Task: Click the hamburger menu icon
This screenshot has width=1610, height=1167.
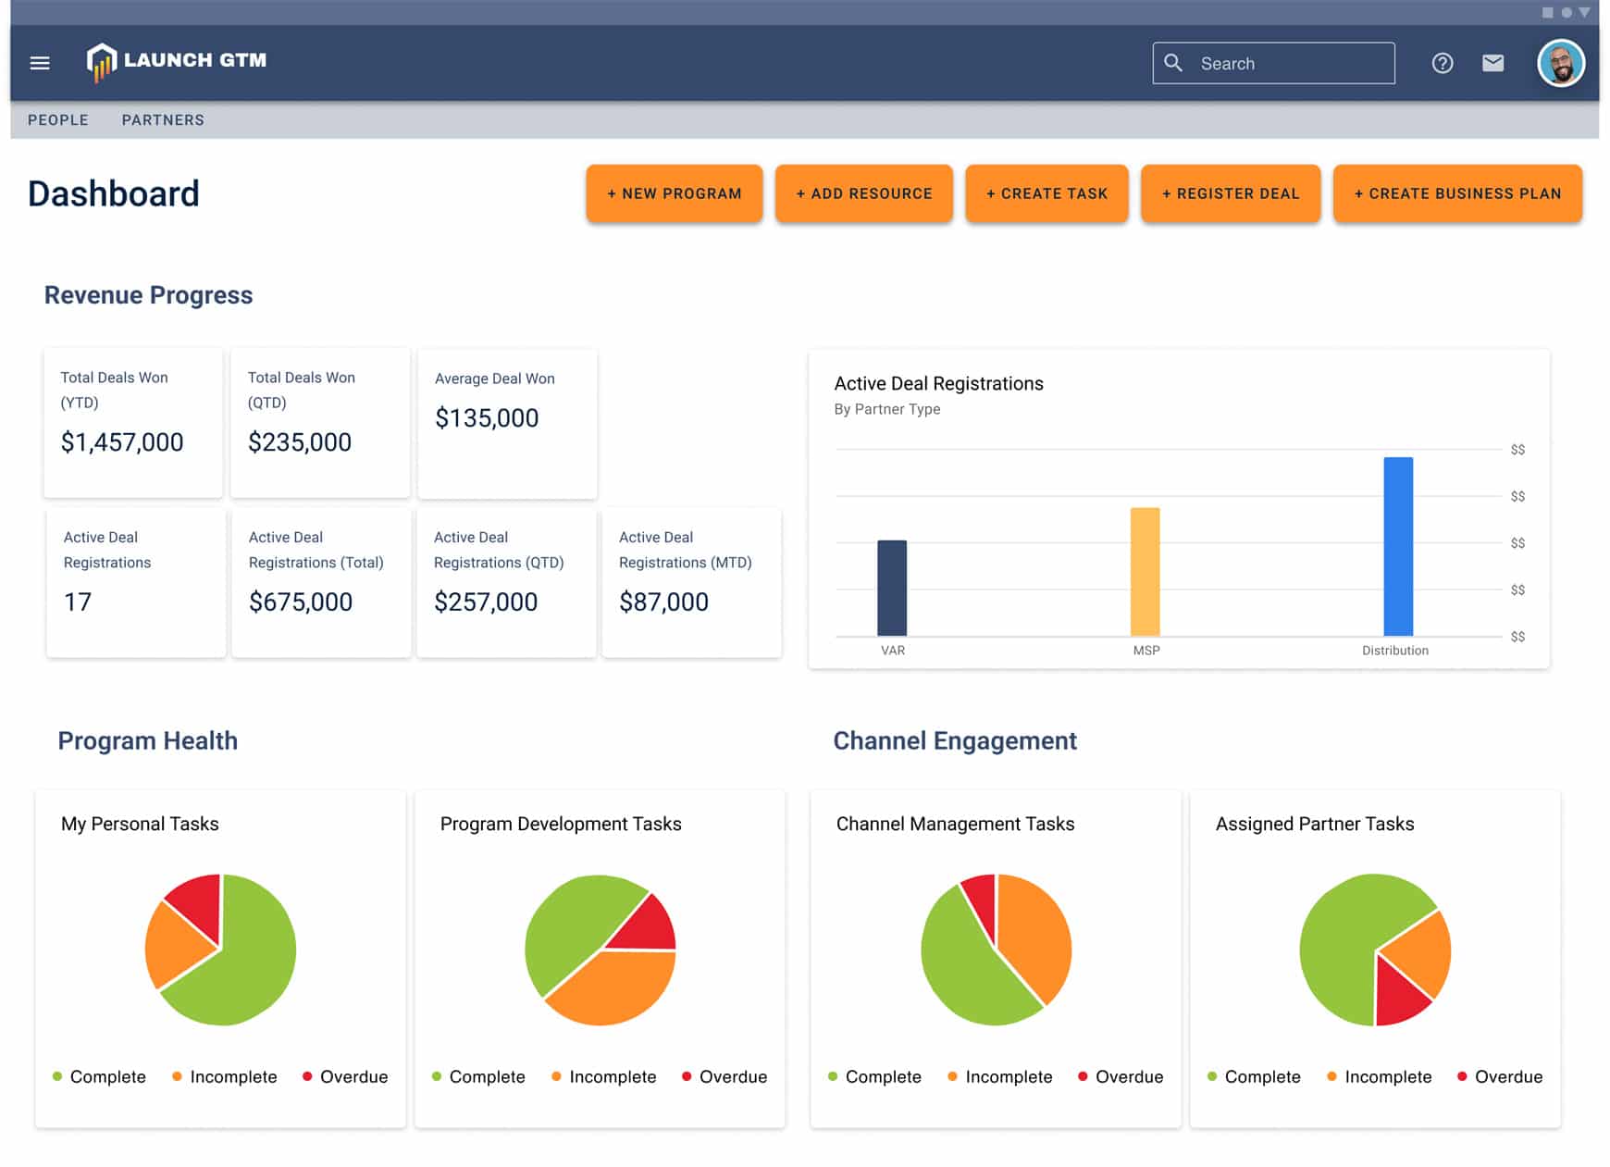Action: (x=40, y=63)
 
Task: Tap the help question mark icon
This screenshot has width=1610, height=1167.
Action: (x=1442, y=63)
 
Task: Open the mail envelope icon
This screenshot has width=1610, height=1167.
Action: (x=1492, y=63)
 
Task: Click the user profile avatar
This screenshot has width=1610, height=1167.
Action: (x=1560, y=64)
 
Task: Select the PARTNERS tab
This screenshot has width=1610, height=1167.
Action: (x=163, y=120)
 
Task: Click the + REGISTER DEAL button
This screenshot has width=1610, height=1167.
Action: (x=1230, y=193)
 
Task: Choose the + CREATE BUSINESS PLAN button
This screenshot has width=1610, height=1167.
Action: (x=1456, y=193)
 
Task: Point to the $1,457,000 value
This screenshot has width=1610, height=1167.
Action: (x=122, y=442)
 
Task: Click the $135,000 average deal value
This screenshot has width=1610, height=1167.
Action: (x=487, y=418)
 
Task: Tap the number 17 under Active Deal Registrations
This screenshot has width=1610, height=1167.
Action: (x=78, y=602)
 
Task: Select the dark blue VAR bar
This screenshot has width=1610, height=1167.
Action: (x=891, y=588)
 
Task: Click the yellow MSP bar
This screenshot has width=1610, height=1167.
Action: (x=1145, y=571)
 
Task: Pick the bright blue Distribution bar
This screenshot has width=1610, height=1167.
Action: (x=1397, y=546)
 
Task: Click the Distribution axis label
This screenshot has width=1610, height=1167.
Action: (x=1394, y=651)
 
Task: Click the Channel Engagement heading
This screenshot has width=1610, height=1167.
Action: (x=954, y=740)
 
